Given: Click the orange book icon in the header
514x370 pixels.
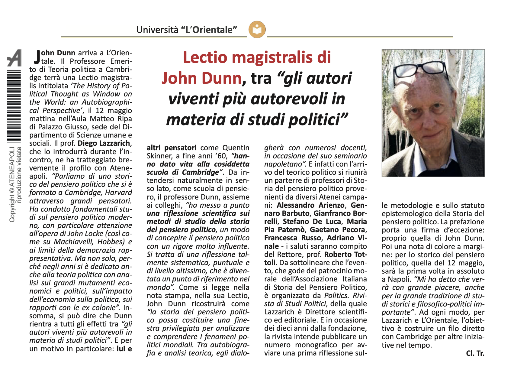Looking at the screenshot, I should pyautogui.click(x=257, y=30).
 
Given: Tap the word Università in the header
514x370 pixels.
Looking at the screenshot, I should pyautogui.click(x=157, y=30).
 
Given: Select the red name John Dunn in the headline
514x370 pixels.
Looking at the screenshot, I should pyautogui.click(x=201, y=78).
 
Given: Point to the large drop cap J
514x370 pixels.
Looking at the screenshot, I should pyautogui.click(x=37, y=57).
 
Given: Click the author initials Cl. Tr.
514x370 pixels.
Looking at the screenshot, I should pyautogui.click(x=475, y=353).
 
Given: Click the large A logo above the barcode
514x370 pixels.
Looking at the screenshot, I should pyautogui.click(x=14, y=58).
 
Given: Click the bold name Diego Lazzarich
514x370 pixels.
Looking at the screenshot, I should pyautogui.click(x=104, y=143).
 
